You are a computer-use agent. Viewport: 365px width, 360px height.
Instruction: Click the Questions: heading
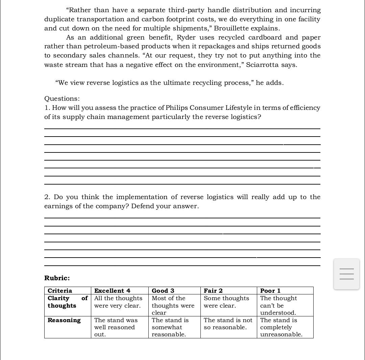tap(62, 99)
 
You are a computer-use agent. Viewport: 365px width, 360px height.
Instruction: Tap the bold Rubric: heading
tap(57, 278)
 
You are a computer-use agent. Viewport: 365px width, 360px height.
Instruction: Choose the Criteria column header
tap(60, 291)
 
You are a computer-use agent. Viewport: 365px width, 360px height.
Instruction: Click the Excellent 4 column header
tap(112, 291)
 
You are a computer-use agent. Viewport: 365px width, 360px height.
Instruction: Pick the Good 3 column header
tap(163, 291)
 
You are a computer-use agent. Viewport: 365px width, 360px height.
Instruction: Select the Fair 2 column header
tap(213, 291)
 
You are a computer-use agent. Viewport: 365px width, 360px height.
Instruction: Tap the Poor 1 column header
tap(270, 291)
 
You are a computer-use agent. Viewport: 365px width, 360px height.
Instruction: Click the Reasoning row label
tap(64, 320)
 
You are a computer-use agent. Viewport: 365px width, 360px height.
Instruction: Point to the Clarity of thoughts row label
tap(67, 302)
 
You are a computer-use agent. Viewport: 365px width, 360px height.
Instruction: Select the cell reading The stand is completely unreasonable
tap(281, 327)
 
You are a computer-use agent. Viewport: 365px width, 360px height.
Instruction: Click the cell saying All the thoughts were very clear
tap(118, 302)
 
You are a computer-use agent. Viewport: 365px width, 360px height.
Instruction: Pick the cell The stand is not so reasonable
tap(228, 324)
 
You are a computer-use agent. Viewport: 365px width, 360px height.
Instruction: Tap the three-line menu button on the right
tap(346, 274)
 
